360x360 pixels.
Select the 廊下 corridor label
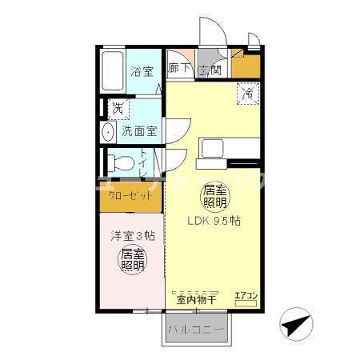pyautogui.click(x=179, y=70)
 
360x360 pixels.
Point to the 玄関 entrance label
pyautogui.click(x=210, y=70)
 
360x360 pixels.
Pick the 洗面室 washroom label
pyautogui.click(x=139, y=130)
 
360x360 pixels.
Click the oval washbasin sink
pyautogui.click(x=108, y=131)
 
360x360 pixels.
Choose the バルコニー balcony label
pyautogui.click(x=197, y=330)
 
